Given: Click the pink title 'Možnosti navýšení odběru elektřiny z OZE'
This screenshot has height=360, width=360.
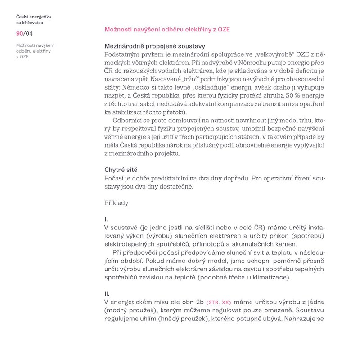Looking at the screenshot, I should [167, 29].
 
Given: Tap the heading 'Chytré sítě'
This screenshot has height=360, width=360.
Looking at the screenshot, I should [121, 170].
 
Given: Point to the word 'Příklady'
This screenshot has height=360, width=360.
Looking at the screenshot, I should [116, 203].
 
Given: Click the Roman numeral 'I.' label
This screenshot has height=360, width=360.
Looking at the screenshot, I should [105, 220].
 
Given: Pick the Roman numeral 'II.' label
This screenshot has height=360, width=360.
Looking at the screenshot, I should [107, 294].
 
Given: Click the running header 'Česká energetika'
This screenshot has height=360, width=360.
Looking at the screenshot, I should [33, 17].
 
